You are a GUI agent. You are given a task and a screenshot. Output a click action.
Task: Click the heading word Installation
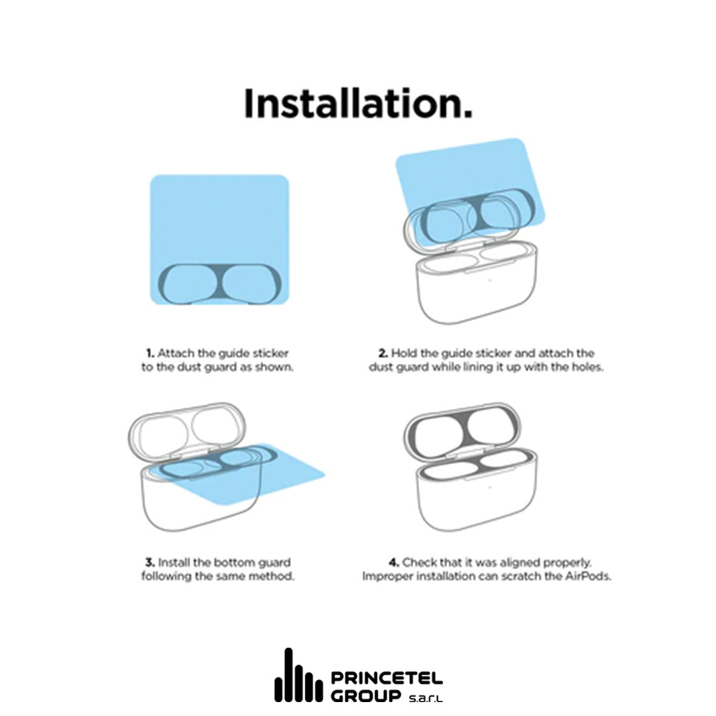[x=359, y=103]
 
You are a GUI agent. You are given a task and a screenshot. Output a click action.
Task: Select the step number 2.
[x=383, y=353]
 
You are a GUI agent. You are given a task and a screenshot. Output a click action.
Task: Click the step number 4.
[x=394, y=563]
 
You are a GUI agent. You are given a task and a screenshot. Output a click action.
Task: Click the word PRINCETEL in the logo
[x=387, y=678]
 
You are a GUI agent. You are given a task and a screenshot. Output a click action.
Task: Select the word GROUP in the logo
[x=366, y=696]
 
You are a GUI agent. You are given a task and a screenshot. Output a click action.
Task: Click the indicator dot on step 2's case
[x=489, y=280]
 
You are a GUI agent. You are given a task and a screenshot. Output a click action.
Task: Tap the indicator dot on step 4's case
[x=489, y=487]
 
